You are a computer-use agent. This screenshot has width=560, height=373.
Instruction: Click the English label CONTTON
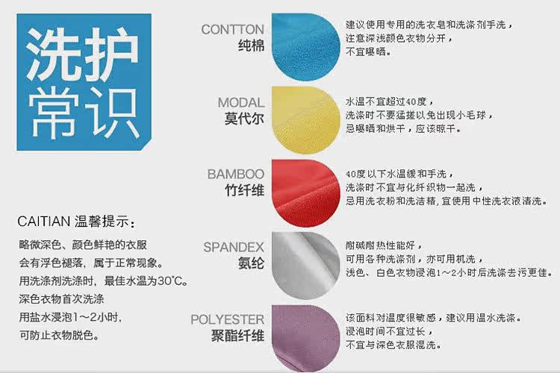(232, 29)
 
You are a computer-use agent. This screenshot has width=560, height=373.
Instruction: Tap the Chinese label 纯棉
(252, 46)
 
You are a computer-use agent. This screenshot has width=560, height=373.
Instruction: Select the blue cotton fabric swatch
(305, 47)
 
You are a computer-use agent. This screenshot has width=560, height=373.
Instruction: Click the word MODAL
(241, 102)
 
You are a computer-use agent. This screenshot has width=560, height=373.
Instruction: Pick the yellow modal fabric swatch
(305, 119)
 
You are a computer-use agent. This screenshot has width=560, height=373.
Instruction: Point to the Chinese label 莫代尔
(245, 118)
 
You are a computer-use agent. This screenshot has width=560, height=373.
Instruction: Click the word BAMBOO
(236, 174)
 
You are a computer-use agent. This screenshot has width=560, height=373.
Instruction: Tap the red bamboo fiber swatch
(305, 192)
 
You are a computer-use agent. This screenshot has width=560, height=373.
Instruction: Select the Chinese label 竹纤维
(245, 190)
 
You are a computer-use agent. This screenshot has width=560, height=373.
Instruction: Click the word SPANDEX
(234, 247)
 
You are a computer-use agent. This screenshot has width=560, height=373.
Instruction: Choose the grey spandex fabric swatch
(305, 266)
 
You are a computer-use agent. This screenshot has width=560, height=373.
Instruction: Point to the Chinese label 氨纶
(252, 263)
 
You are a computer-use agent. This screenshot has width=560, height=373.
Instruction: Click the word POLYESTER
(228, 319)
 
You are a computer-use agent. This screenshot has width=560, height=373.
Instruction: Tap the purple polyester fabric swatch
(305, 339)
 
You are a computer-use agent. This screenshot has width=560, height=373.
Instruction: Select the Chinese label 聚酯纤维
(238, 336)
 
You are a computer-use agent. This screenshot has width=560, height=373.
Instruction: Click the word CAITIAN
(43, 222)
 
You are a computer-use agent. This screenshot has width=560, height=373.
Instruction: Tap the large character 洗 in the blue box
(52, 54)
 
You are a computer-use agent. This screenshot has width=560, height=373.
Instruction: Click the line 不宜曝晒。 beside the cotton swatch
(368, 51)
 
